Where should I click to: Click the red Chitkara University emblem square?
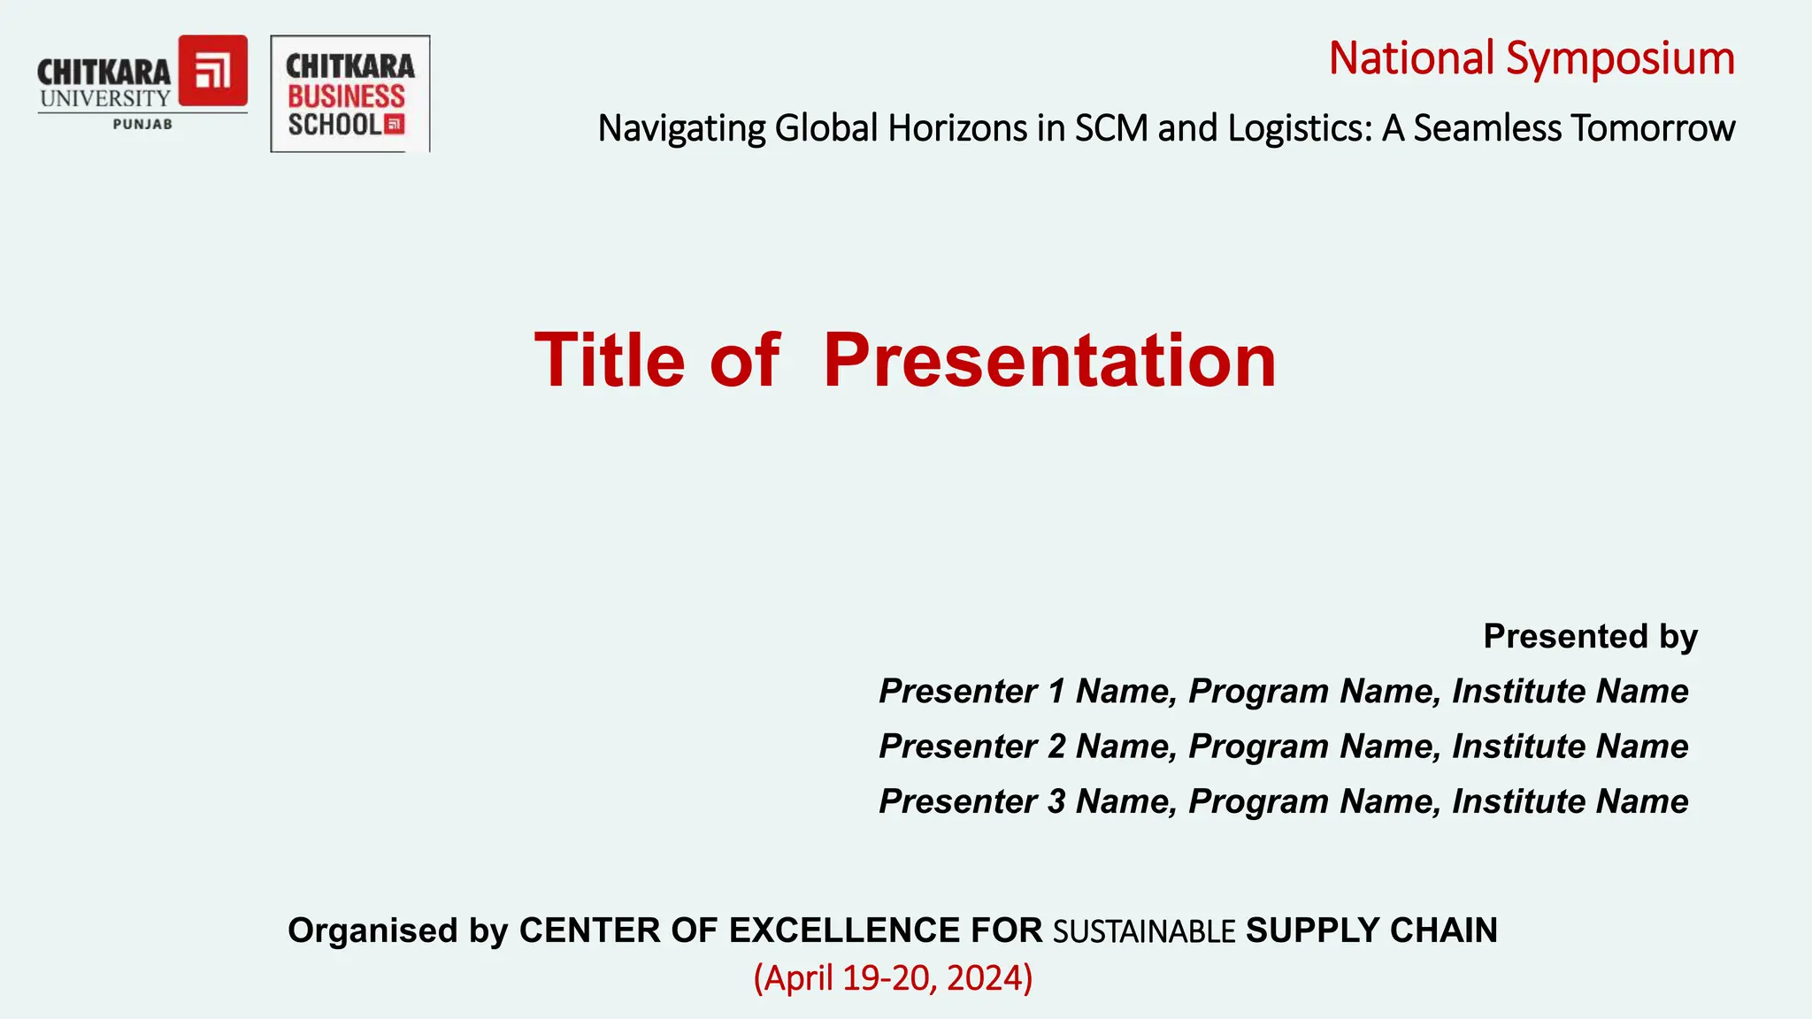click(x=213, y=71)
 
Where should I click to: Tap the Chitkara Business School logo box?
click(x=350, y=94)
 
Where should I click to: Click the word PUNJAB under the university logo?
click(x=142, y=125)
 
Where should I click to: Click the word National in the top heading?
click(x=1411, y=59)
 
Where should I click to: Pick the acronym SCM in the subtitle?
click(x=1110, y=128)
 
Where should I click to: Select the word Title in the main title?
click(x=610, y=360)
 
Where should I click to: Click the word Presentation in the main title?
click(x=1049, y=360)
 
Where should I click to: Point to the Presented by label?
click(x=1590, y=636)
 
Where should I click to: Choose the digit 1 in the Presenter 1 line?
click(x=1056, y=691)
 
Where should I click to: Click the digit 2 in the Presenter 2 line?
click(x=1056, y=746)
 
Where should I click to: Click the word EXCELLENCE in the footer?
click(x=844, y=931)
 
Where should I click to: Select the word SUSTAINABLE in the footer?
click(x=1144, y=931)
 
